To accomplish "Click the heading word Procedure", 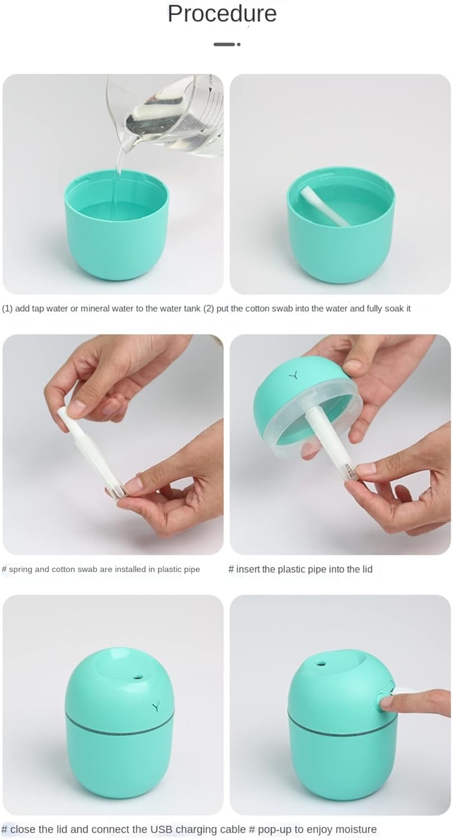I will [222, 13].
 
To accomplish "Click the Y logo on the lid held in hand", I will [292, 375].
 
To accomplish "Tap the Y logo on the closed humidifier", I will [156, 706].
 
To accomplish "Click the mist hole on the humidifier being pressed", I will [321, 664].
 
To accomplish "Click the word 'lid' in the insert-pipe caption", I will [367, 569].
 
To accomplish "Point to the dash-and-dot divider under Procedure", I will [227, 44].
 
